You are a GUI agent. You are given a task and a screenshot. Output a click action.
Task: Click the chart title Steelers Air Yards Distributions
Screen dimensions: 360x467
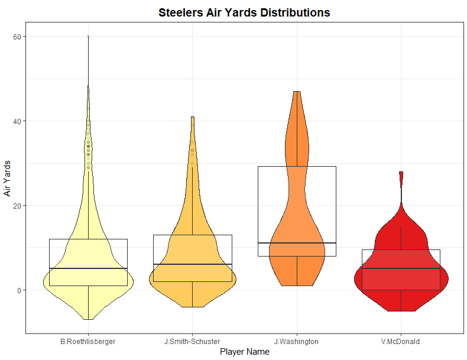click(244, 12)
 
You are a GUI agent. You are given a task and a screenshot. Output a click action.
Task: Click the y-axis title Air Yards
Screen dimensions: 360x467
click(8, 178)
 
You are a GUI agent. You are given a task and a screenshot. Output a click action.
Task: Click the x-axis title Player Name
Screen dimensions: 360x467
click(244, 352)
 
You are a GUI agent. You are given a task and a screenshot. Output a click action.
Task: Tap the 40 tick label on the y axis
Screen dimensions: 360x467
click(18, 121)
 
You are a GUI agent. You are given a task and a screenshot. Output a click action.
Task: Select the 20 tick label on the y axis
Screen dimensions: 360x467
click(18, 206)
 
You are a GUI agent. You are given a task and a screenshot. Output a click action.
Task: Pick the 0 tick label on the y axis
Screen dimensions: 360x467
click(20, 290)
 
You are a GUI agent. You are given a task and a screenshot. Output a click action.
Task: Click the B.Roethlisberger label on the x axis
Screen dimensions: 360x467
click(88, 341)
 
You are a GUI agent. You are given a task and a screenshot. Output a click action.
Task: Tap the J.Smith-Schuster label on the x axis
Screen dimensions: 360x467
click(192, 341)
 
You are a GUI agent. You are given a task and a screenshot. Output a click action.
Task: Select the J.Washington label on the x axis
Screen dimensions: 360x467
click(296, 341)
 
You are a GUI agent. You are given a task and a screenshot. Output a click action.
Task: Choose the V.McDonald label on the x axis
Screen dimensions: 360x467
click(401, 341)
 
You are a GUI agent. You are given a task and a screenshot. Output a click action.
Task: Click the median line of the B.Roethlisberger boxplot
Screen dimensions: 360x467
click(88, 268)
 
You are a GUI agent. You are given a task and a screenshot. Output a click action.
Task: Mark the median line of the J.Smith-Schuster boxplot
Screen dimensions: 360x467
click(192, 264)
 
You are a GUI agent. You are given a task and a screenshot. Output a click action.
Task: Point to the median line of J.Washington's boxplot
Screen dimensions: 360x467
click(297, 243)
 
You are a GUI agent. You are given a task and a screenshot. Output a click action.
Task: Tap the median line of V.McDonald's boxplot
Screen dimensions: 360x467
click(401, 268)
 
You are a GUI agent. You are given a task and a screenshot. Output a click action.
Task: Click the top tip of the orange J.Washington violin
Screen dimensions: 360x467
click(297, 92)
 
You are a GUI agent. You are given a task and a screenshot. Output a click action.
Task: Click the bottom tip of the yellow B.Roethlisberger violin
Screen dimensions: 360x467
click(88, 319)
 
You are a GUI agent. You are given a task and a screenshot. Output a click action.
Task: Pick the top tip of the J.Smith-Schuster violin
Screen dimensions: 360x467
click(192, 118)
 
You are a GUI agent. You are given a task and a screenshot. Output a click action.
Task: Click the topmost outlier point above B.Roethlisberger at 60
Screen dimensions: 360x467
click(88, 37)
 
